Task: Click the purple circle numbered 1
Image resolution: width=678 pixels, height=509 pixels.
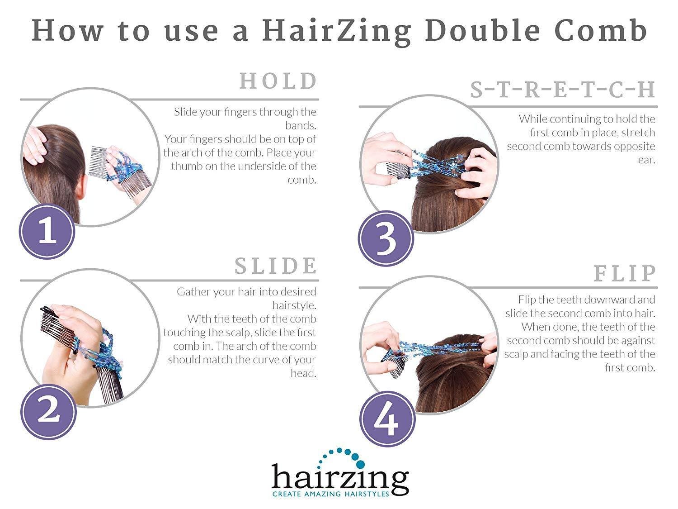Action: point(47,232)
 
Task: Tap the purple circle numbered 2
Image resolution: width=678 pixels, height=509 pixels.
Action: point(48,411)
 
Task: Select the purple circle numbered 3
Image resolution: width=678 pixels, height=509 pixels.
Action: point(386,238)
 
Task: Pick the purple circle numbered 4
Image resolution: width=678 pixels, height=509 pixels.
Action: point(387,419)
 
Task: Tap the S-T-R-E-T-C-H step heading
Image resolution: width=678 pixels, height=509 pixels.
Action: point(563,90)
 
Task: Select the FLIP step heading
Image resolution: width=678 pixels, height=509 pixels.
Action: point(625,273)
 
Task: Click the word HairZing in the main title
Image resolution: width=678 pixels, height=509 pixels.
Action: point(337,31)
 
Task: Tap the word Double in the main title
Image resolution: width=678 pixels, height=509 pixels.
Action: point(483,31)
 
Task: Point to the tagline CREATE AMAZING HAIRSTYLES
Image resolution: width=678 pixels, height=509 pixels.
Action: point(330,494)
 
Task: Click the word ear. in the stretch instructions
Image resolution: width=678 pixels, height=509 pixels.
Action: point(646,160)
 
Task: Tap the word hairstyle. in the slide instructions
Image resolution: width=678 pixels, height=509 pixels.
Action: point(294,305)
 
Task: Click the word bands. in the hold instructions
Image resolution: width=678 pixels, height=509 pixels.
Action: point(301,125)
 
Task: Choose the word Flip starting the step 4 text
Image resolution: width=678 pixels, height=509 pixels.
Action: point(527,300)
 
